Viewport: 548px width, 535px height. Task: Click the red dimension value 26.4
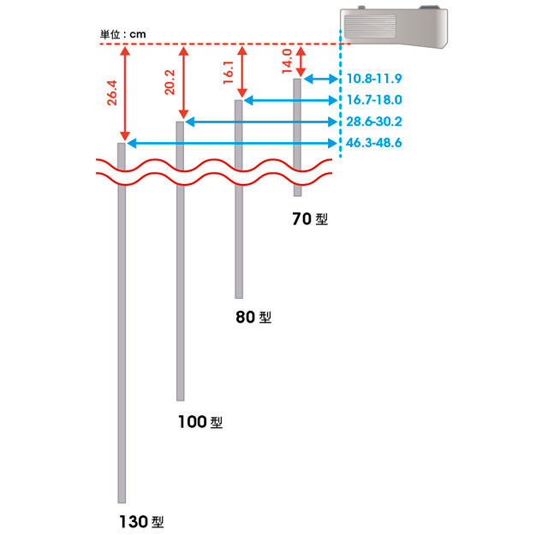pyautogui.click(x=112, y=93)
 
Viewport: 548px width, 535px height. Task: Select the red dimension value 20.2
pyautogui.click(x=170, y=82)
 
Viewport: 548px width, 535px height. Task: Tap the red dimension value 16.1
pyautogui.click(x=229, y=73)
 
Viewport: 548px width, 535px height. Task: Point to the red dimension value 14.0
pyautogui.click(x=287, y=61)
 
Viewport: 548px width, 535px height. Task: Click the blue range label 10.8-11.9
pyautogui.click(x=374, y=79)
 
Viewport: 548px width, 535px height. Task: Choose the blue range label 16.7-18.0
pyautogui.click(x=374, y=100)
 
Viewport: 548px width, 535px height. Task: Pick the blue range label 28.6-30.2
pyautogui.click(x=374, y=122)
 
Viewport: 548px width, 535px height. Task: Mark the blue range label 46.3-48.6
pyautogui.click(x=374, y=143)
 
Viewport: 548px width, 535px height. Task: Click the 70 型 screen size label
pyautogui.click(x=310, y=219)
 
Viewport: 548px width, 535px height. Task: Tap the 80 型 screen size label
pyautogui.click(x=253, y=317)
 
